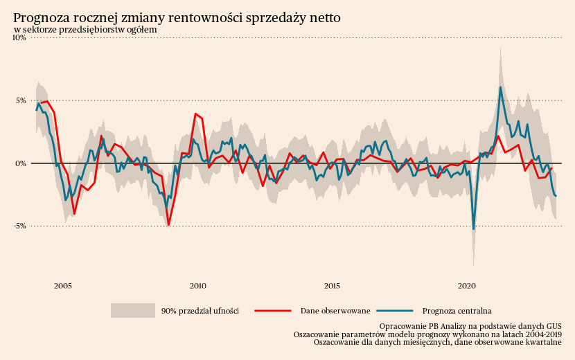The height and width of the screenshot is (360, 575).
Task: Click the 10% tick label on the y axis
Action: (x=19, y=38)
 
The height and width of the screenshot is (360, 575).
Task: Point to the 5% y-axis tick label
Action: (x=20, y=100)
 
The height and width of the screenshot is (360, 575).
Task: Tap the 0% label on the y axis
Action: (x=20, y=163)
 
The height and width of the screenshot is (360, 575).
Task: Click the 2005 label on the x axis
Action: (x=63, y=285)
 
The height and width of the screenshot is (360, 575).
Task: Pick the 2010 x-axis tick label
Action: (x=197, y=285)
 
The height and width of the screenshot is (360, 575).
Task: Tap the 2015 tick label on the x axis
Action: (x=332, y=285)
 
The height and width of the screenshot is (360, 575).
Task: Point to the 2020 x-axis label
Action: (x=467, y=285)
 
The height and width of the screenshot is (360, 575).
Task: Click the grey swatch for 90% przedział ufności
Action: (x=132, y=311)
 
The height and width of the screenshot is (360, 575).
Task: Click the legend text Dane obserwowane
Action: (x=335, y=311)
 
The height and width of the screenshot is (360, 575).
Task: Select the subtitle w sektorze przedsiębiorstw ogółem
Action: (x=85, y=30)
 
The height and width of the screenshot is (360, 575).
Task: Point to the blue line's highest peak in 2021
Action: (x=501, y=87)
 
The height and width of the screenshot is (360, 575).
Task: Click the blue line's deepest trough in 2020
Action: (x=474, y=228)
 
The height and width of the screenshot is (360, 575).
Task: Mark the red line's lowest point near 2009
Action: (x=168, y=225)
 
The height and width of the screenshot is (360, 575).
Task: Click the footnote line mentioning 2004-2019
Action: (x=427, y=334)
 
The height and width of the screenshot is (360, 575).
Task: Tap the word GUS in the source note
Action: (x=553, y=325)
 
